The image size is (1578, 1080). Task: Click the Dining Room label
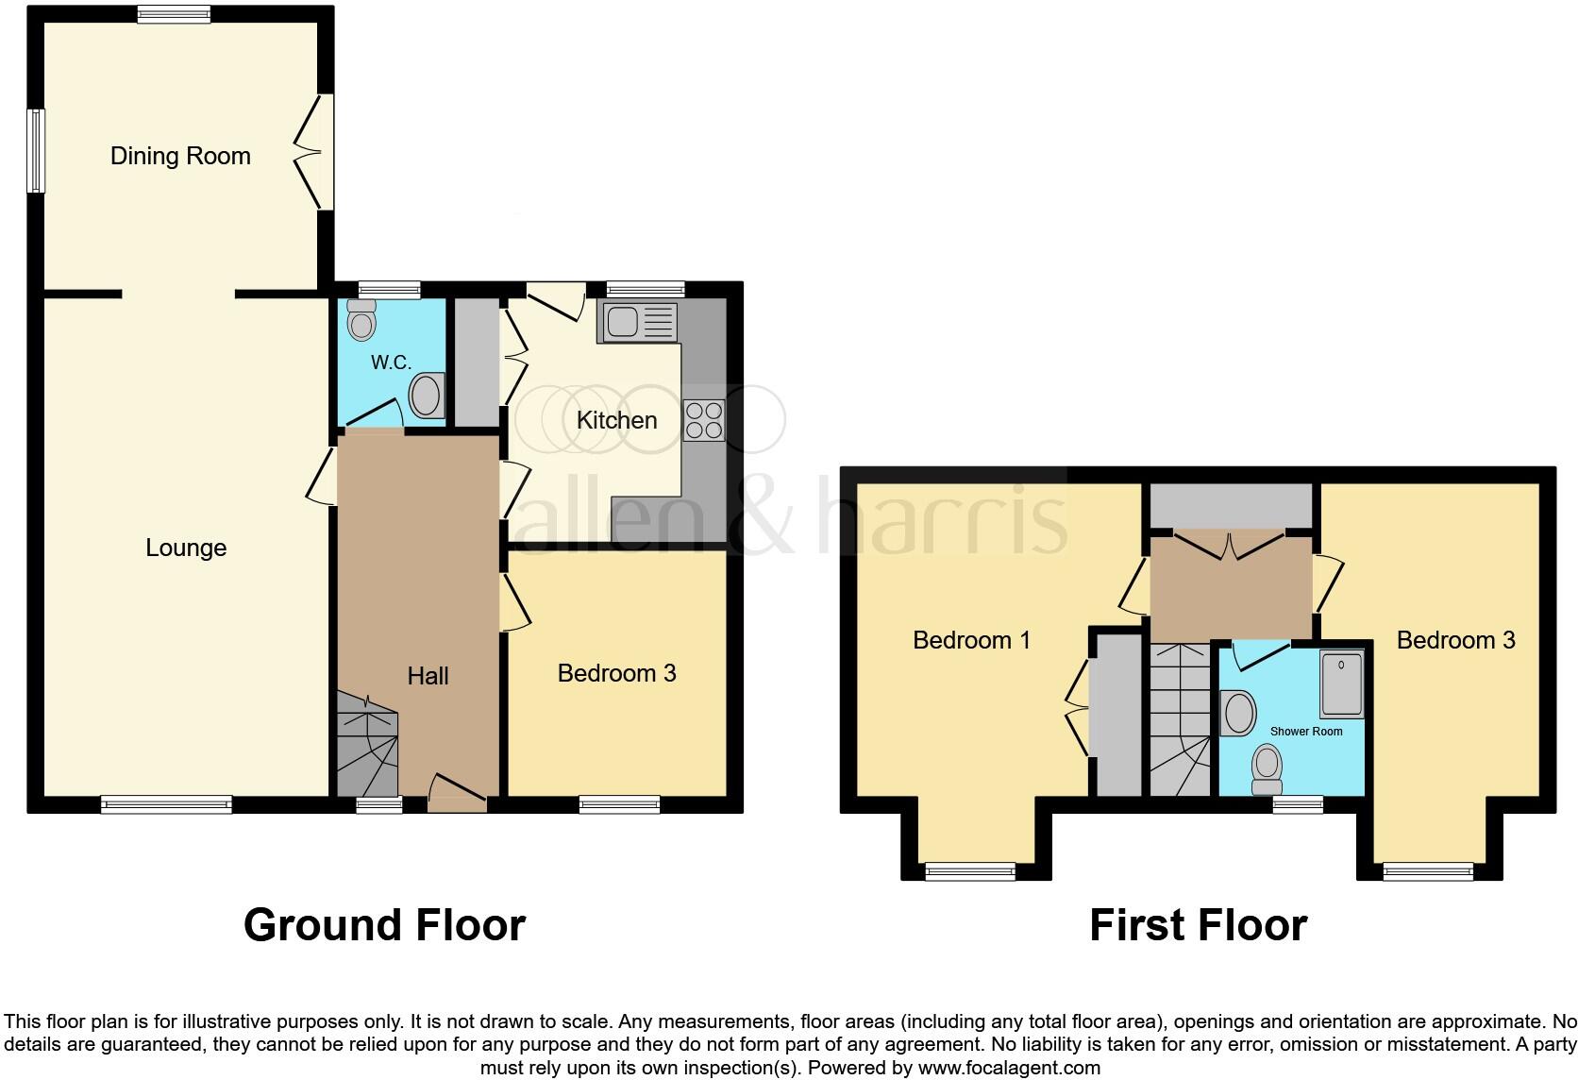point(180,156)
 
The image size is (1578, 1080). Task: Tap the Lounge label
point(186,548)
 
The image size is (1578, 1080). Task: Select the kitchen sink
point(638,323)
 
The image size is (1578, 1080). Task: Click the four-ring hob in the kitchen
point(704,421)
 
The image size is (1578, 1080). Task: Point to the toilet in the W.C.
point(361,320)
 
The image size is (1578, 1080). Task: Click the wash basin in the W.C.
point(428,396)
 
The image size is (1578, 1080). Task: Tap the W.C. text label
point(391,363)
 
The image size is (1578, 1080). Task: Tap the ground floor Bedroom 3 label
point(616,673)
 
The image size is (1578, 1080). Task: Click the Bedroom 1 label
point(971,640)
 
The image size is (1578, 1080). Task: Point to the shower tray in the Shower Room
point(1341,683)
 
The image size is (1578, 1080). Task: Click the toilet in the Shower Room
point(1267,769)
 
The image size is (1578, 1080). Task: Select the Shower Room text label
point(1305,732)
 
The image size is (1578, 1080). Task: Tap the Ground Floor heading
point(384,925)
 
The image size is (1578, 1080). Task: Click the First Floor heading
point(1198,925)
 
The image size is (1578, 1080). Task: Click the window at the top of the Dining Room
point(174,14)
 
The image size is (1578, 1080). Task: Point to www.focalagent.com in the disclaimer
point(1008,1069)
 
